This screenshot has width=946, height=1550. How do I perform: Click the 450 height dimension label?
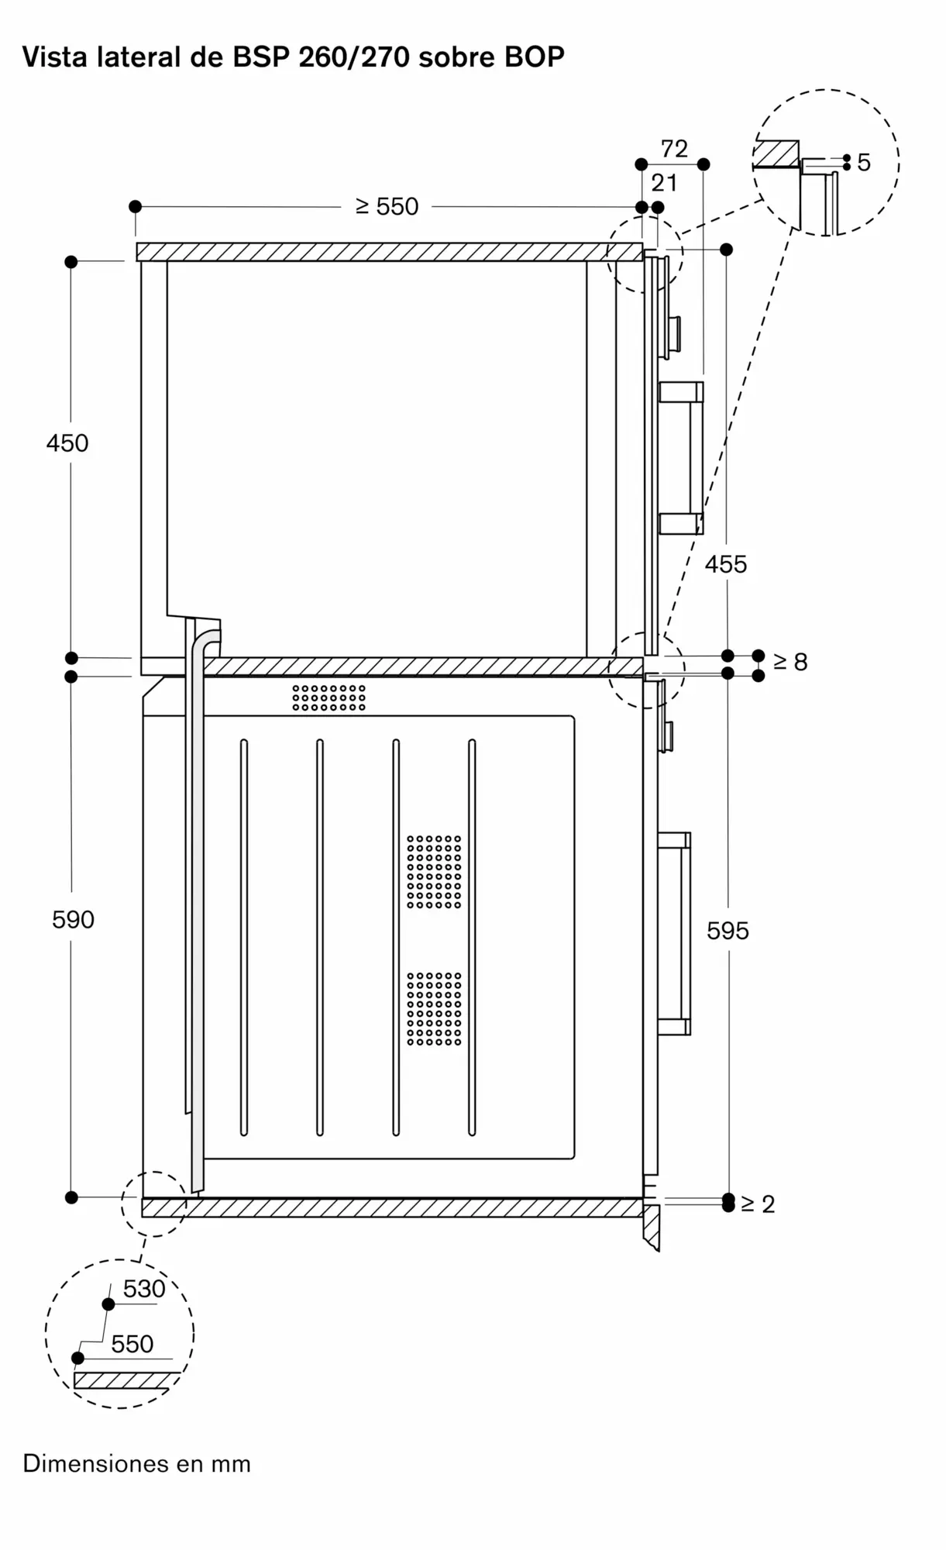(67, 443)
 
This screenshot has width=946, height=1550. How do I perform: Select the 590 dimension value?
(73, 920)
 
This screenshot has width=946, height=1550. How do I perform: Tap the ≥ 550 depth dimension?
(387, 206)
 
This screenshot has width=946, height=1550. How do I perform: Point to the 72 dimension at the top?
(674, 149)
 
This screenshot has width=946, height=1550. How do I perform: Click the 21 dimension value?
(664, 183)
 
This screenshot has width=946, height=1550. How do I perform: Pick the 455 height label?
(726, 564)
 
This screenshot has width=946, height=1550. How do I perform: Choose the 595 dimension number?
(728, 931)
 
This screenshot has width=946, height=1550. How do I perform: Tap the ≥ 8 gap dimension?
(790, 662)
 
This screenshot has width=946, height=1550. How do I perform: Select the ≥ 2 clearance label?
(758, 1204)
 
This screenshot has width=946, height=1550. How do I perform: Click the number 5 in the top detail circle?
(864, 163)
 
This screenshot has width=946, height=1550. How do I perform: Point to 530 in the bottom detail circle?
(144, 1289)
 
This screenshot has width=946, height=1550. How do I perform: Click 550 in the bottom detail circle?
(132, 1344)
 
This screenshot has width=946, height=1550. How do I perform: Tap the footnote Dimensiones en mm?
(137, 1464)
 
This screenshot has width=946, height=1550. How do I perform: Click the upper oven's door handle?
(681, 458)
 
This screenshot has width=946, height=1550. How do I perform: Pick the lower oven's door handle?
(674, 934)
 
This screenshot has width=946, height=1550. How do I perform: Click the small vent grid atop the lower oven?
(329, 697)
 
